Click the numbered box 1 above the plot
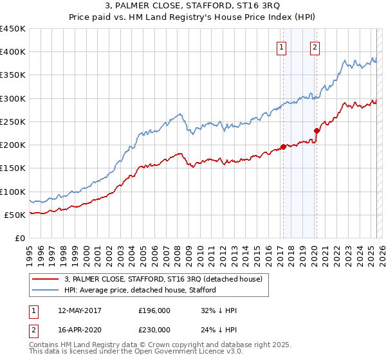tap(282, 47)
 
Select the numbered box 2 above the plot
tap(315, 47)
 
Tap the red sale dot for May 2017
tap(283, 147)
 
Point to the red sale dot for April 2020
tap(317, 130)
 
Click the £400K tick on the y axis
tap(13, 52)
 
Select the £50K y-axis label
tap(15, 215)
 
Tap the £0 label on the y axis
tap(19, 239)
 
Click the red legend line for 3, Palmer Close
tap(45, 280)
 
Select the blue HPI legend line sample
tap(45, 290)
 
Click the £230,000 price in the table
tap(154, 329)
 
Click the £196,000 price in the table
tap(154, 310)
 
